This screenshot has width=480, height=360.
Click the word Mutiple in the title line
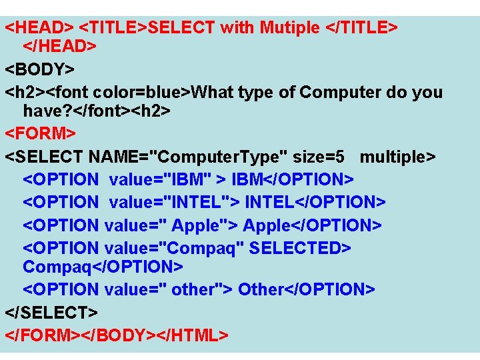(290, 28)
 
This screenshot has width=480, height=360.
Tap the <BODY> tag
(40, 69)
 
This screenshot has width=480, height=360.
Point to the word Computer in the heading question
(340, 92)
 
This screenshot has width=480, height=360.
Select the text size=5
(322, 157)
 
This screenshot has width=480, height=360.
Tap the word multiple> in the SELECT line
(397, 157)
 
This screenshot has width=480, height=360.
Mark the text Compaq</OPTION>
(103, 267)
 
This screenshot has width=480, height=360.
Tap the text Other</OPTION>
(306, 289)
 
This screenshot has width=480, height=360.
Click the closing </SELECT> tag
(51, 311)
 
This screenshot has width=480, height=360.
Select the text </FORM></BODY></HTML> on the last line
(117, 334)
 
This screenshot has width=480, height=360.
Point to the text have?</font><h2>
(97, 111)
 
